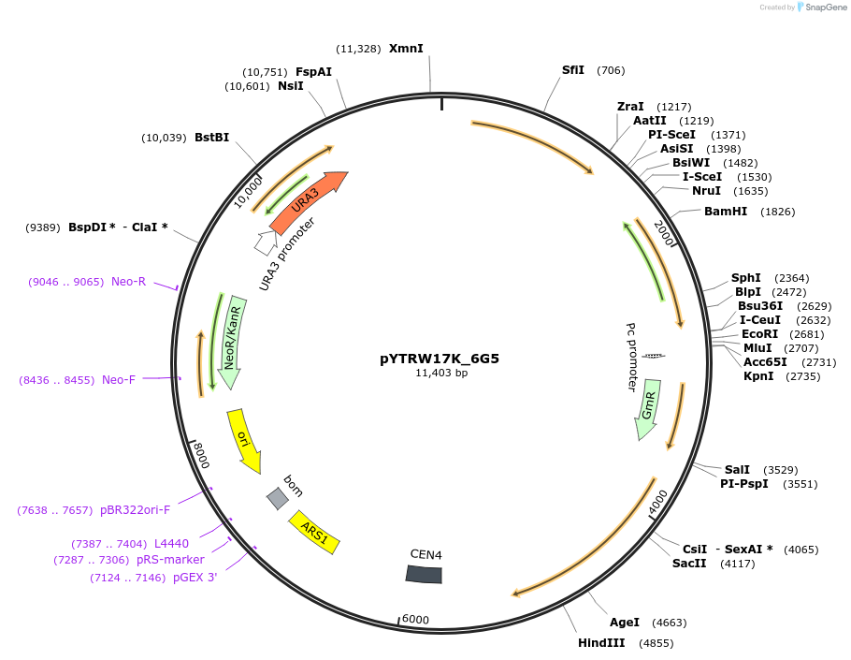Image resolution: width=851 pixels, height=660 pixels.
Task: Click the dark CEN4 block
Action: pos(424,574)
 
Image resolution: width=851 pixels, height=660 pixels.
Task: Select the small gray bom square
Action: pos(277,498)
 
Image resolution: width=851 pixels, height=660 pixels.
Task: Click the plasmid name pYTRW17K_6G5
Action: pos(440,358)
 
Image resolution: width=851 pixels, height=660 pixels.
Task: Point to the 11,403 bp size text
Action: pos(441,373)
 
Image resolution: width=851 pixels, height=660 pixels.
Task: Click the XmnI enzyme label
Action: pos(406,48)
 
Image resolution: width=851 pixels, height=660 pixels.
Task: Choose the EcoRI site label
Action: pos(759,334)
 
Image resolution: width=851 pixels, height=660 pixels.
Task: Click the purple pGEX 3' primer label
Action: pos(195,578)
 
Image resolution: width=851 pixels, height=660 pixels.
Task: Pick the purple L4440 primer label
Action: pos(171,543)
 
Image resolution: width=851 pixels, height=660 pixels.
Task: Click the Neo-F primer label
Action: pos(119,379)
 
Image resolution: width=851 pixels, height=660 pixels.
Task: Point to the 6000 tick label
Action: pos(414,620)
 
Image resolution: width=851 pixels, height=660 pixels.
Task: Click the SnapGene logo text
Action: pos(826,7)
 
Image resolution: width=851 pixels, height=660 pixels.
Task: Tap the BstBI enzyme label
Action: pos(211,138)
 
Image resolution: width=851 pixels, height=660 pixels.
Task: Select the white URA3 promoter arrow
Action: pos(265,242)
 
